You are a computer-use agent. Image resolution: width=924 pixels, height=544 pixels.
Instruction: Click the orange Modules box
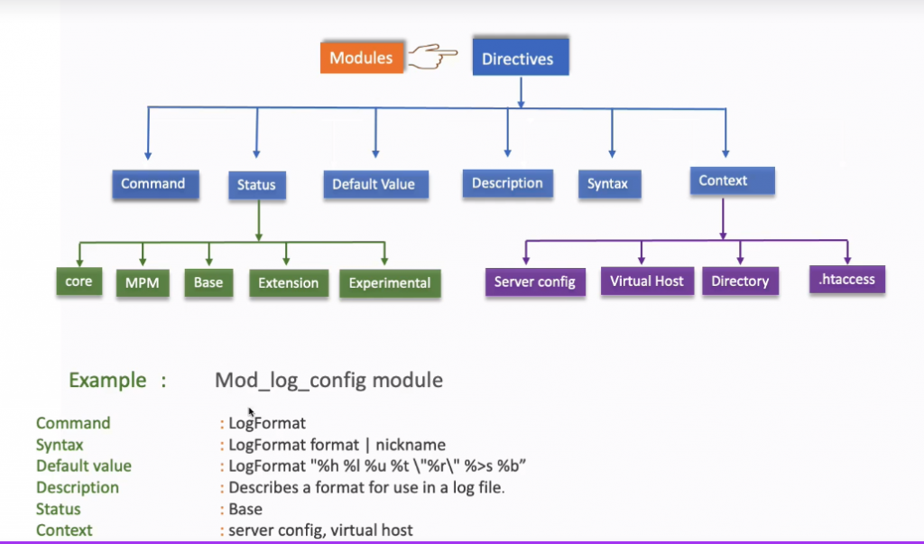click(x=361, y=59)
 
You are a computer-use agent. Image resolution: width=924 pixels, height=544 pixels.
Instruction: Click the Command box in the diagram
click(x=152, y=184)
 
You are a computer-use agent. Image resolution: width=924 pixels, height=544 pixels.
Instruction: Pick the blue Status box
click(x=256, y=185)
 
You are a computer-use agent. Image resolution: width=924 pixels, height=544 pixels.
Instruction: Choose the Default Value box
click(x=374, y=184)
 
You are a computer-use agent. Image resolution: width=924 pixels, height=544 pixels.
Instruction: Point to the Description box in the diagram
click(x=507, y=183)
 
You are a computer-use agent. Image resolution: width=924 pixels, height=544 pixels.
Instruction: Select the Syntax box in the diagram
click(x=608, y=184)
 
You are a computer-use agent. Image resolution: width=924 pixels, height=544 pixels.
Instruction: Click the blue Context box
click(x=723, y=180)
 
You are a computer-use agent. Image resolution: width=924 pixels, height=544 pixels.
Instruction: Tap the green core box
click(x=79, y=281)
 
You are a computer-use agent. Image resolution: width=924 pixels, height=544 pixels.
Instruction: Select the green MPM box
click(x=143, y=283)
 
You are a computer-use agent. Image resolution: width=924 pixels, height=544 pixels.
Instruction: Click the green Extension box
click(x=288, y=283)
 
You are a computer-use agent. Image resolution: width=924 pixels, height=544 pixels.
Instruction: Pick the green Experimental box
click(x=390, y=283)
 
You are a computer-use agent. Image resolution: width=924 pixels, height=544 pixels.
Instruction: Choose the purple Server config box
click(x=535, y=282)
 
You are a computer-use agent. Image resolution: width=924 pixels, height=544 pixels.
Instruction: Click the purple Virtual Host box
click(x=647, y=281)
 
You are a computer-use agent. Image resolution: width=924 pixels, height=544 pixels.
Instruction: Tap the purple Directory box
click(x=739, y=281)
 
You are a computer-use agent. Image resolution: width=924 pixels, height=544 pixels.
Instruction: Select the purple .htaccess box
click(x=846, y=280)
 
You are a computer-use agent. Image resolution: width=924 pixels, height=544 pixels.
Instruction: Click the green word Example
click(x=107, y=380)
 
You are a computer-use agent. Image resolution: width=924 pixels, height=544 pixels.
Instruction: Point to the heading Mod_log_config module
click(x=328, y=380)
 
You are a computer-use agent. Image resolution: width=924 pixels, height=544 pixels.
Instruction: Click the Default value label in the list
click(x=84, y=466)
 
